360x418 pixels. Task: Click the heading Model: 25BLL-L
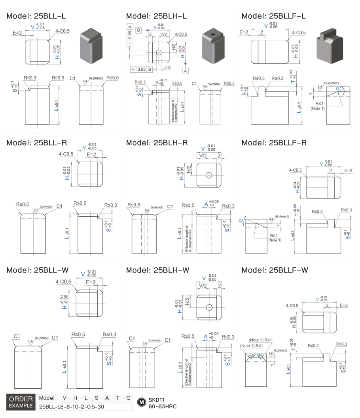[x=36, y=16]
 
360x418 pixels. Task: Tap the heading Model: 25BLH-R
[x=156, y=143]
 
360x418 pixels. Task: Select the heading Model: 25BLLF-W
[x=275, y=270]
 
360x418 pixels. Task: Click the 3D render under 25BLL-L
[x=93, y=46]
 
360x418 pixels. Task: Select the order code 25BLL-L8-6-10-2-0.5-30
[x=71, y=407]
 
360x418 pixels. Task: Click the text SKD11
[x=156, y=399]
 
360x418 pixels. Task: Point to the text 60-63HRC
[x=162, y=406]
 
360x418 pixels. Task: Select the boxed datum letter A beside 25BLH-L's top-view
[x=185, y=71]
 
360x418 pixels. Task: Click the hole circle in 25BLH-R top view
[x=209, y=175]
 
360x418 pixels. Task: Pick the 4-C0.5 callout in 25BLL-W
[x=63, y=282]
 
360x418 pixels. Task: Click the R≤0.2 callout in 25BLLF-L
[x=277, y=79]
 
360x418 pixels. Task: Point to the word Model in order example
[x=47, y=398]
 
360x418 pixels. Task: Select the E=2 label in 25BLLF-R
[x=348, y=170]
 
